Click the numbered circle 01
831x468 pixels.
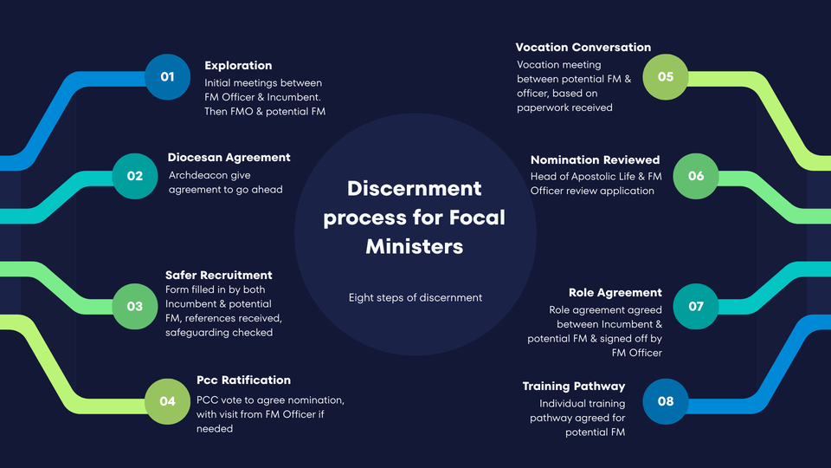coord(167,77)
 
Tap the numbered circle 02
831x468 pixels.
coord(135,176)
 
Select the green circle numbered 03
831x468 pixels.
coord(135,306)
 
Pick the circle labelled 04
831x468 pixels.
coord(167,401)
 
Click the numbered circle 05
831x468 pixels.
coord(665,77)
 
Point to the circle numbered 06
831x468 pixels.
coord(696,176)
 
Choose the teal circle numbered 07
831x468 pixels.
coord(696,306)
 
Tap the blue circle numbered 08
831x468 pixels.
coord(665,401)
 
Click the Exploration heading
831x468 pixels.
coord(238,65)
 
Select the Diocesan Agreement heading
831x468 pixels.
coord(229,158)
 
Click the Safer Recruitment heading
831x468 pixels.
coord(218,275)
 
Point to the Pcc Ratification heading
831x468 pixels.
coord(243,380)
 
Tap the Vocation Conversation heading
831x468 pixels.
coord(583,47)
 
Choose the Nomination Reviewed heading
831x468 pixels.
coord(595,159)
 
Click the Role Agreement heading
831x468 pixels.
coord(615,293)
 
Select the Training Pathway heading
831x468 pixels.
coord(573,387)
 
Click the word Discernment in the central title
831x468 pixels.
coord(414,188)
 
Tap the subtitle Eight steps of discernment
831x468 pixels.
coord(415,297)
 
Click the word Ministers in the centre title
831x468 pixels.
coord(414,246)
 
